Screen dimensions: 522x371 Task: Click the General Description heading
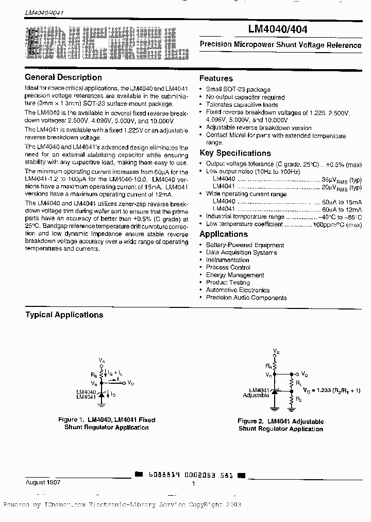click(63, 77)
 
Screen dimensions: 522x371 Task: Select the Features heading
click(216, 78)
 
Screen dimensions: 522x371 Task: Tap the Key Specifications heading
click(235, 153)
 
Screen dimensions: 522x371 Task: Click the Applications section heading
click(223, 234)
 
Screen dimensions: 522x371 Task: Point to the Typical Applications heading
click(64, 315)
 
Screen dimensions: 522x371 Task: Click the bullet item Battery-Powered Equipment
click(245, 245)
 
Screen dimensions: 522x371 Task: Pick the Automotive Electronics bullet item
click(238, 290)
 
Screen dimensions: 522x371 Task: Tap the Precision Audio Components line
click(246, 298)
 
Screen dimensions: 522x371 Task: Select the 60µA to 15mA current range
click(342, 202)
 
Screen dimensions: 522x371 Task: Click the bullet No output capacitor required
click(245, 97)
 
